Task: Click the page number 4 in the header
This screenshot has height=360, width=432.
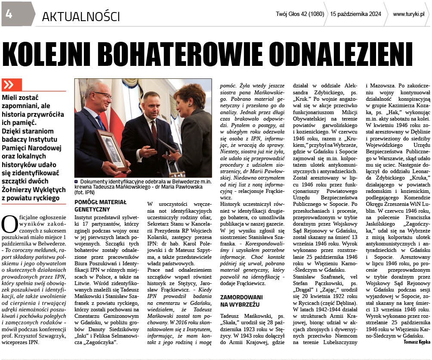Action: click(x=9, y=14)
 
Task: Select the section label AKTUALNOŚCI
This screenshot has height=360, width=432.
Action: click(x=80, y=16)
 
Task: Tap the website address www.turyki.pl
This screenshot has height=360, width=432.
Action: click(x=408, y=14)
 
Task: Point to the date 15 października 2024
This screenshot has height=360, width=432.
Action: click(x=355, y=14)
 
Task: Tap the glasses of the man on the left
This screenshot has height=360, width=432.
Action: click(x=103, y=96)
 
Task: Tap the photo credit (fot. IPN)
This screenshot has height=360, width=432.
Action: click(x=86, y=194)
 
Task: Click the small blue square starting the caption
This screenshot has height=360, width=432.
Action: click(x=76, y=182)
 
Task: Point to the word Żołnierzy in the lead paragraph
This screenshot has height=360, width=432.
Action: click(x=20, y=189)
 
